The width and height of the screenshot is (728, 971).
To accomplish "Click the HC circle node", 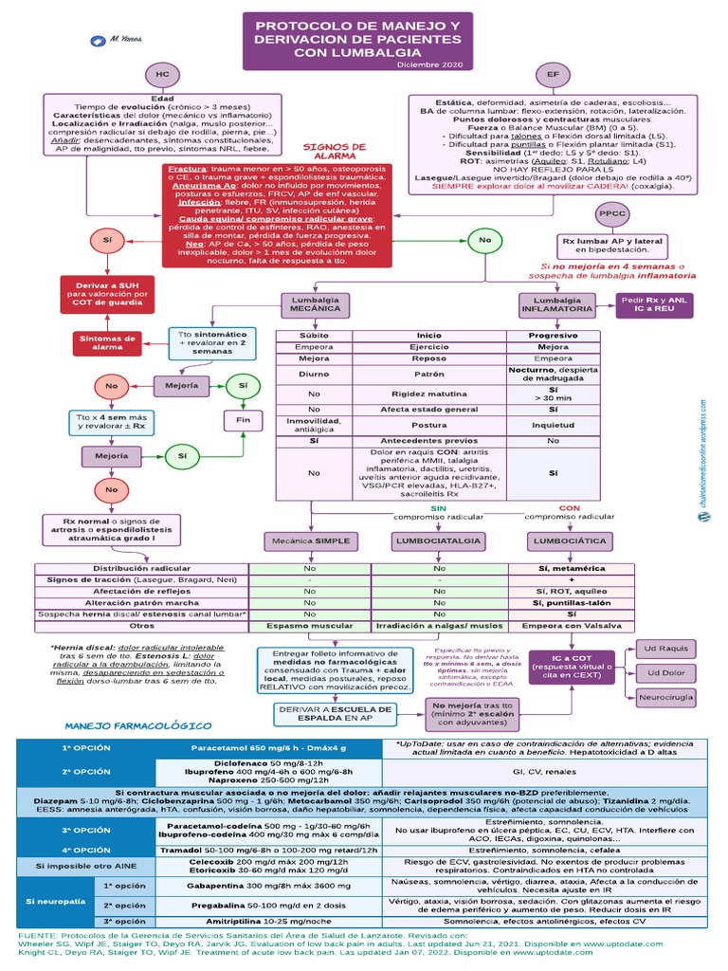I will click(x=162, y=74).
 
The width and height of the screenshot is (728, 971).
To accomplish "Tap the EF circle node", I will click(x=553, y=74).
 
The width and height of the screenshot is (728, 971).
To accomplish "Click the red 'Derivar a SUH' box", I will click(x=107, y=294).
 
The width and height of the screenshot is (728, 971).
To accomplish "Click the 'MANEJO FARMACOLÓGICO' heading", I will click(x=137, y=725).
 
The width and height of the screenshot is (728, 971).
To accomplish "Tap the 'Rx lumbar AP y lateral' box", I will click(x=626, y=246).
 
